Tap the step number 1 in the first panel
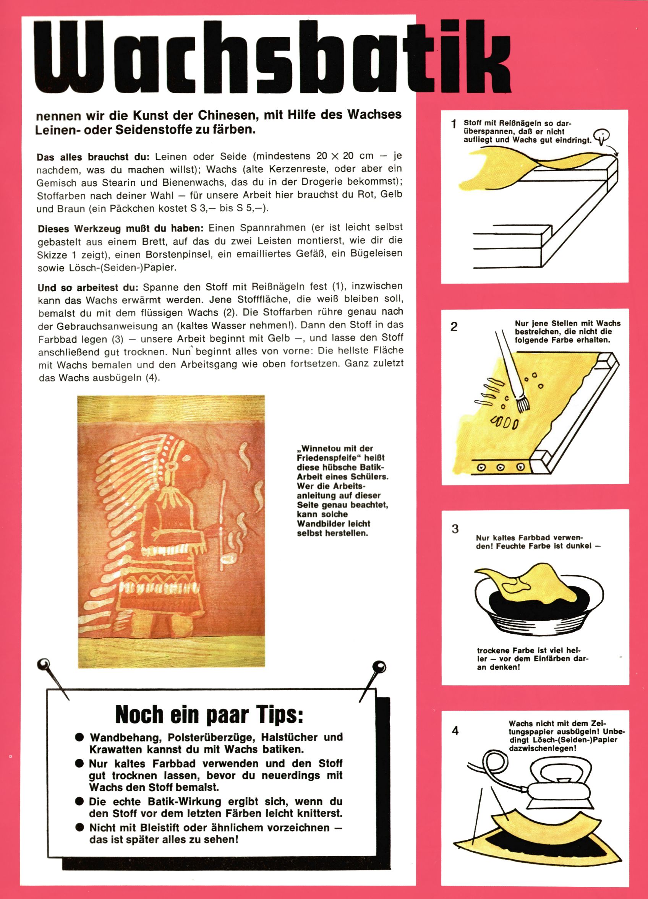pos(454,124)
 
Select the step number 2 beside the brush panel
pos(454,327)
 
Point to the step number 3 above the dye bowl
pos(455,529)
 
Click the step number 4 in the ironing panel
pos(455,730)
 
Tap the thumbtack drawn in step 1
pos(602,136)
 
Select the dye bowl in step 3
pos(539,602)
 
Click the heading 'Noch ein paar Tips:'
pos(209,714)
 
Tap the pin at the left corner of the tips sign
pos(44,664)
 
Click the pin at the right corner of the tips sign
pos(379,667)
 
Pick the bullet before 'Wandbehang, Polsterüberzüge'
pos(79,737)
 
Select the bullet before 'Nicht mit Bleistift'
pos(79,828)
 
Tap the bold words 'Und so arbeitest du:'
pos(88,287)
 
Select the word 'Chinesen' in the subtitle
pos(227,115)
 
